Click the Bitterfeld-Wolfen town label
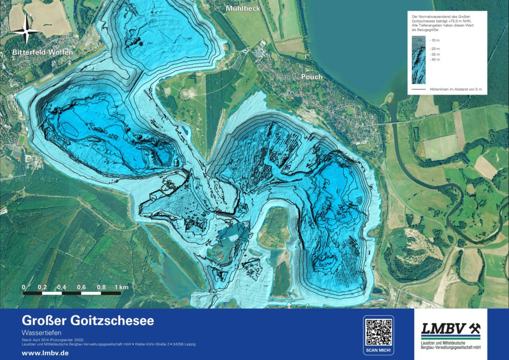[x=43, y=52]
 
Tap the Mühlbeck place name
[x=243, y=8]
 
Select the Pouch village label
[x=311, y=77]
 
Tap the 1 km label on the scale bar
[x=122, y=287]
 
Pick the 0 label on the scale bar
[x=23, y=287]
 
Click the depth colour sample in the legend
[x=419, y=59]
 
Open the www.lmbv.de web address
[x=45, y=352]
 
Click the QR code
[x=378, y=332]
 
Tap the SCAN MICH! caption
[x=378, y=351]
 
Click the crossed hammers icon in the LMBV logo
[x=475, y=328]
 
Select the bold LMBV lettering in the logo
[x=443, y=328]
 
